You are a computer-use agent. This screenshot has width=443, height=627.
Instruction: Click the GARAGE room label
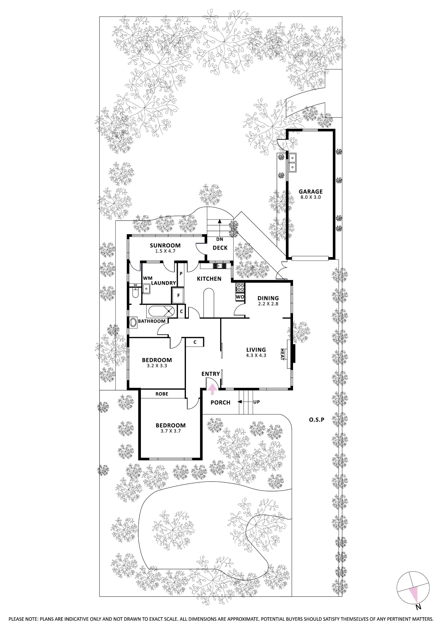pos(310,192)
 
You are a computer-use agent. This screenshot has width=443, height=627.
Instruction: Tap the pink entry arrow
pos(213,389)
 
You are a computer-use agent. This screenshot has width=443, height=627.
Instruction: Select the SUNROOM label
pos(165,245)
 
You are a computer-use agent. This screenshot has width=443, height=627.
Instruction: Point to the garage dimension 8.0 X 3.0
pos(310,198)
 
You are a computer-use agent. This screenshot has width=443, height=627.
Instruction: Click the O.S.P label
pos(317,419)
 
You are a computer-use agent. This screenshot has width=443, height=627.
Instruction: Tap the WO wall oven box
pos(240,297)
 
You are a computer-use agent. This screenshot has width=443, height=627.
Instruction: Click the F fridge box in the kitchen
pos(178,295)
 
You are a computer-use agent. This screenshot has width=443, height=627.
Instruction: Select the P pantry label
pos(181,273)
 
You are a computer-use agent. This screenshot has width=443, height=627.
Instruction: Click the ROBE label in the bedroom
pos(162,394)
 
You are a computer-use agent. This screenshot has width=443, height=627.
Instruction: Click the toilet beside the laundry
pos(135,293)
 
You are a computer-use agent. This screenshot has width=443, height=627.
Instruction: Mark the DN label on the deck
pos(219,239)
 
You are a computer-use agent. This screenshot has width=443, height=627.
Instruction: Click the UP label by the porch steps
pos(256,402)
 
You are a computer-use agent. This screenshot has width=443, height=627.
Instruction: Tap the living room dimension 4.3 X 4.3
pos(256,356)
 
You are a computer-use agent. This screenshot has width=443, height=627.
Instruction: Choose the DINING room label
pos(268,298)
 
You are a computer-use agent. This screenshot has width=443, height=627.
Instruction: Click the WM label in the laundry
pos(148,278)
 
